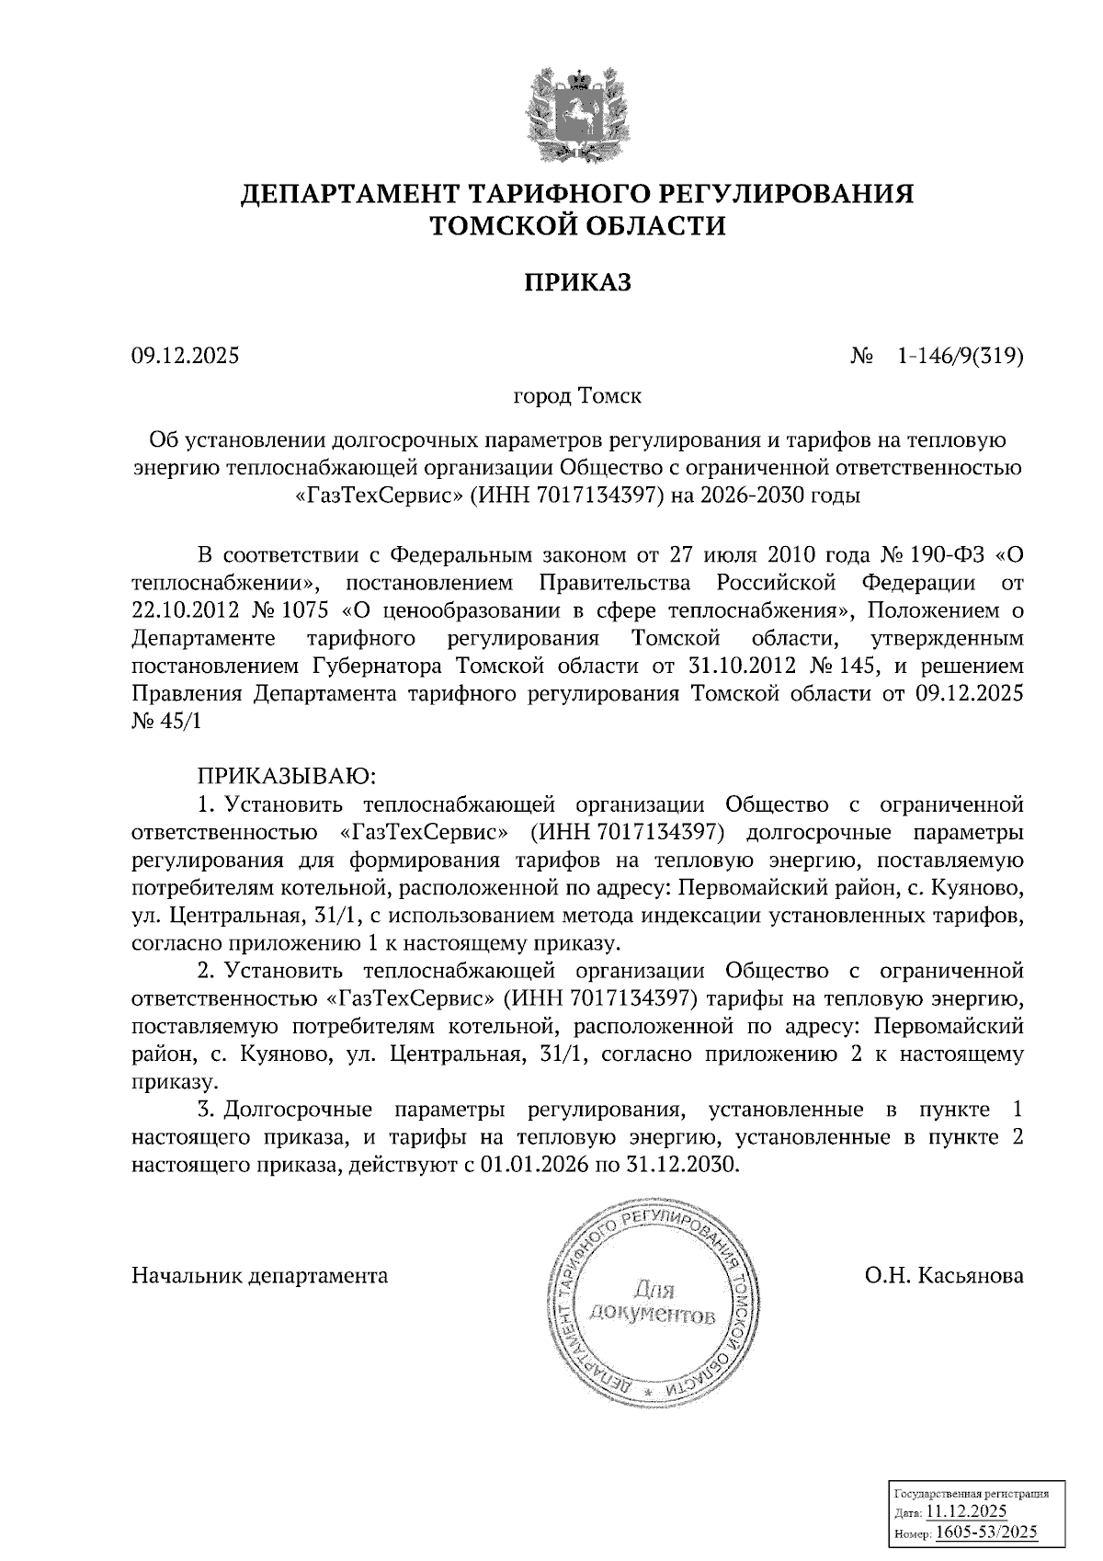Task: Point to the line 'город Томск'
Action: pos(576,397)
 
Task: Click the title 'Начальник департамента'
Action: pos(260,1276)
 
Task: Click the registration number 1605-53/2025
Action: pos(986,1532)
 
